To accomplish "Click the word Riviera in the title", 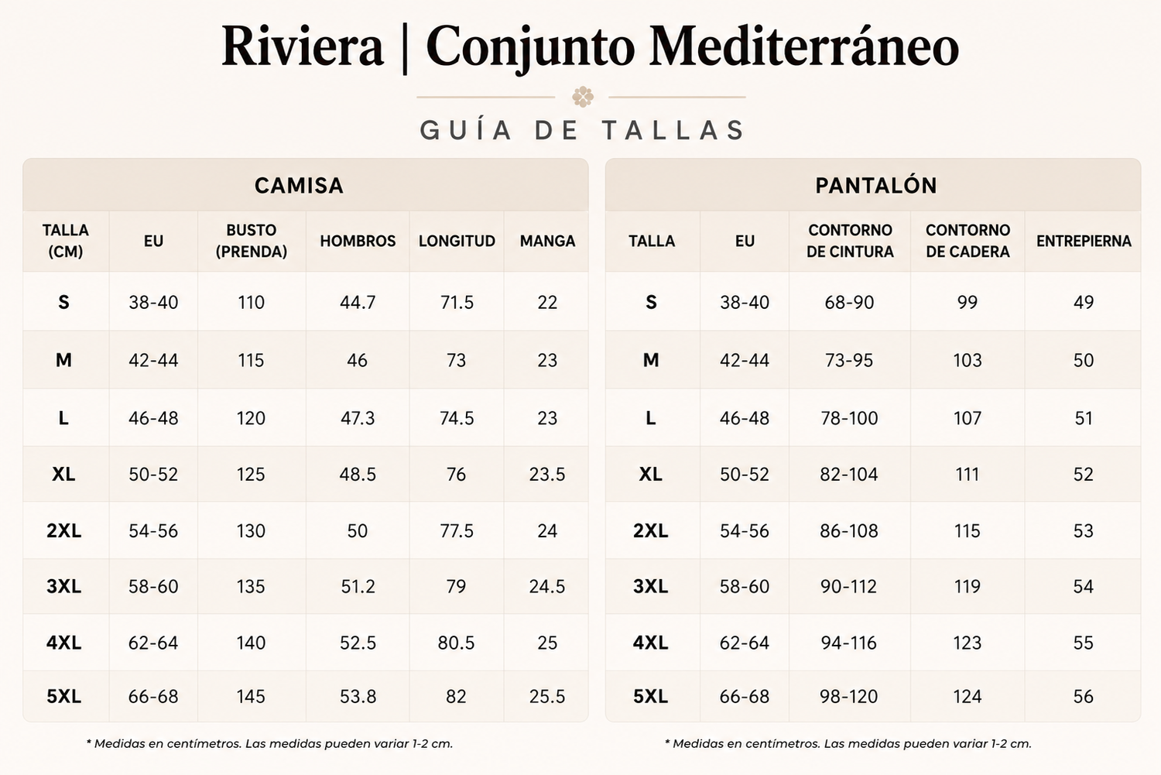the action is [302, 46].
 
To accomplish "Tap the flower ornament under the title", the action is [583, 97].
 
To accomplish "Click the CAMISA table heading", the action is [299, 186].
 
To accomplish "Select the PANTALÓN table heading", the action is [876, 186].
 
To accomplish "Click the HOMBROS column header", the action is [358, 241].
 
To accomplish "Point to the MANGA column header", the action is [547, 241].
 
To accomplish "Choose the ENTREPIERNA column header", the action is [1084, 241].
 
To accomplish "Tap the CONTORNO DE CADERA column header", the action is [967, 241].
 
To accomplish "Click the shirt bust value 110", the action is [251, 302].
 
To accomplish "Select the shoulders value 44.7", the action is [358, 302].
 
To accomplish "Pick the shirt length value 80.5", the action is [456, 643].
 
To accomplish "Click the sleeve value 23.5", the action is [547, 475].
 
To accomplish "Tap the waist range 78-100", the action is [849, 418].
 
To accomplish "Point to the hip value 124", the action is [967, 696].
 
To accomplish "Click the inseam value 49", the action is [1084, 302].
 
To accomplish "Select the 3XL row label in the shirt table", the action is [63, 586].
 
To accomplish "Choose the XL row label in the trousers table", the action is [650, 475].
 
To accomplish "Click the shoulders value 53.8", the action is [358, 696].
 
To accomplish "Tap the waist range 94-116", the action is [849, 643].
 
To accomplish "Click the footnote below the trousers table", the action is [848, 744].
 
